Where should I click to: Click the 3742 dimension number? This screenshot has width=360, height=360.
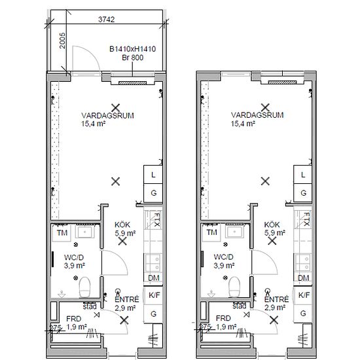(x=106, y=20)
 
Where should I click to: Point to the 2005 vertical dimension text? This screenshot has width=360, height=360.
(x=62, y=41)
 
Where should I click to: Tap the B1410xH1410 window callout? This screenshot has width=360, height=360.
(x=132, y=49)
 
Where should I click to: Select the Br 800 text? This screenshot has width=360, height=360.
(x=132, y=58)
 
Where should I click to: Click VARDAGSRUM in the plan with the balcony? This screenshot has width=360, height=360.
(x=108, y=115)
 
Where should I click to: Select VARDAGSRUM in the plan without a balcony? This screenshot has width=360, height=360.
(x=257, y=115)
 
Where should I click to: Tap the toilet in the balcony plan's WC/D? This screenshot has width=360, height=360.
(x=84, y=287)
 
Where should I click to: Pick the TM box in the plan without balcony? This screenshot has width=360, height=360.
(x=211, y=232)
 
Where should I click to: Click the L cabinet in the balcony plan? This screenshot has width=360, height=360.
(x=153, y=175)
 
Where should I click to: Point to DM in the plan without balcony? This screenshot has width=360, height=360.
(x=303, y=278)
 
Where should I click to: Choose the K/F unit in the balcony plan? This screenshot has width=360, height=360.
(x=153, y=295)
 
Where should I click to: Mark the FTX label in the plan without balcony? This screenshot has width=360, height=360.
(x=307, y=219)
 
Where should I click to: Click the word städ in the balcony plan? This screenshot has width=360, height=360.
(x=90, y=306)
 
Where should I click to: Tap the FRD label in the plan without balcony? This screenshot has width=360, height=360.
(x=223, y=319)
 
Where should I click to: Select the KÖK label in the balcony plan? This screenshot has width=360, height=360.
(x=122, y=225)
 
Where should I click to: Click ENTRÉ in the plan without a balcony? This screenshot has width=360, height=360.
(x=276, y=299)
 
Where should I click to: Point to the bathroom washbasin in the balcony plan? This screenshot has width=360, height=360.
(x=85, y=232)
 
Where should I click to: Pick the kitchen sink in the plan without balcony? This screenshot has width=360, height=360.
(x=303, y=262)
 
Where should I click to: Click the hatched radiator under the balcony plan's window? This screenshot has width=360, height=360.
(x=132, y=83)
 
